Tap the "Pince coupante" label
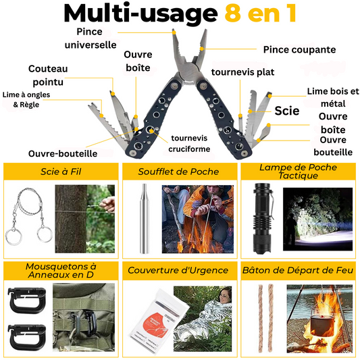pos(299,49)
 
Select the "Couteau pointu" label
pos(48,75)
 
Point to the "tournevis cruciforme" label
pos(190,143)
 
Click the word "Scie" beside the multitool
pos(287,111)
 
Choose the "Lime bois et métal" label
pos(333,97)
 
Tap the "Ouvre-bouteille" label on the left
pos(63,153)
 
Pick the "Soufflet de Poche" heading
pos(179,172)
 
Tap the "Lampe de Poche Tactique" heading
pos(299,172)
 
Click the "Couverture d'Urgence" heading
pos(179,271)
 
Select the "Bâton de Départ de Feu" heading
pos(299,271)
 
